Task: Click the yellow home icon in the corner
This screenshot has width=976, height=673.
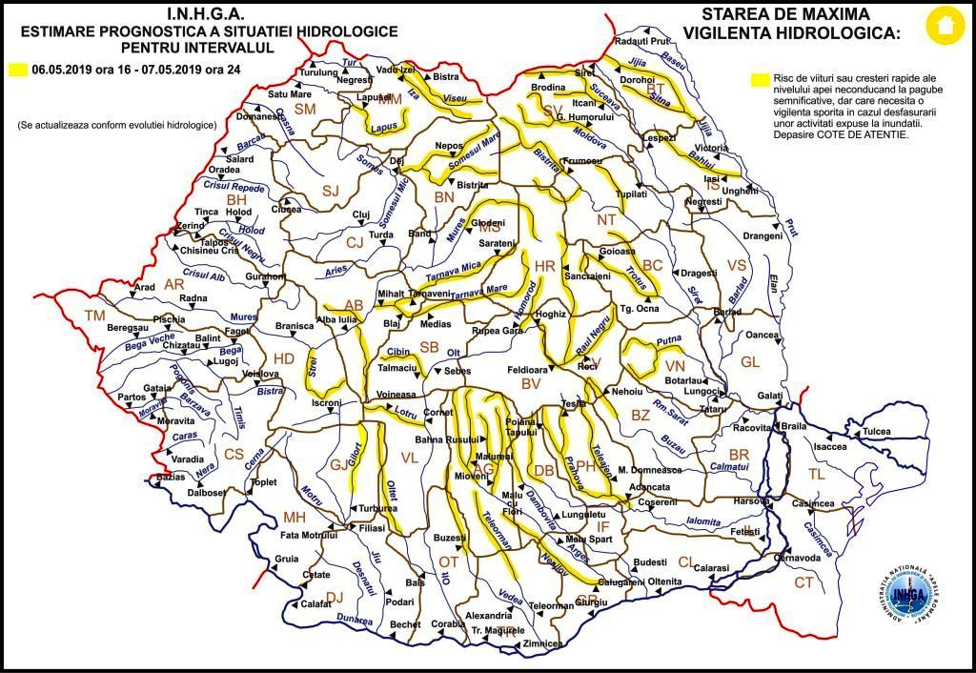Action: click(945, 26)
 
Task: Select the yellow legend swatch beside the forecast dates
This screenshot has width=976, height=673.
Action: click(17, 70)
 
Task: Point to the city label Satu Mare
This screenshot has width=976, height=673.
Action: click(289, 94)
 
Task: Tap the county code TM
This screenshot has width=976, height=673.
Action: click(95, 316)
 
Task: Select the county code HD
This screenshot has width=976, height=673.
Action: click(284, 358)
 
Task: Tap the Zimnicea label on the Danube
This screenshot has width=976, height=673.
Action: click(542, 644)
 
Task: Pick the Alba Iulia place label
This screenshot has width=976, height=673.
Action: click(336, 320)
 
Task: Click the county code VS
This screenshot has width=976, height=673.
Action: click(736, 264)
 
